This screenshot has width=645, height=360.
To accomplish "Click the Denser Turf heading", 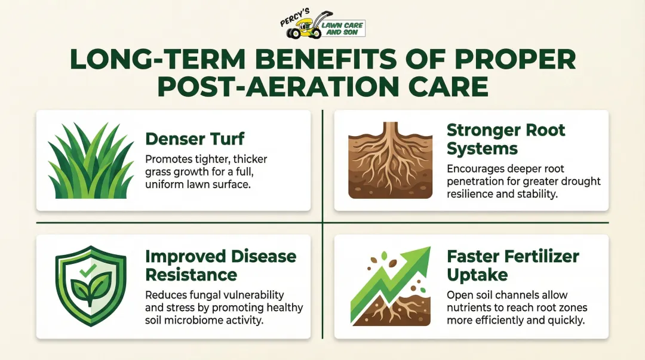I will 195,139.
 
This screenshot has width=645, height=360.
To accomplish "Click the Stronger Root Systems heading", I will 506,139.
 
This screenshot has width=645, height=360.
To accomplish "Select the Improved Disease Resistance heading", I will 220,265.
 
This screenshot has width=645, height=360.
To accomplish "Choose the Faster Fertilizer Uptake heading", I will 512,265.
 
